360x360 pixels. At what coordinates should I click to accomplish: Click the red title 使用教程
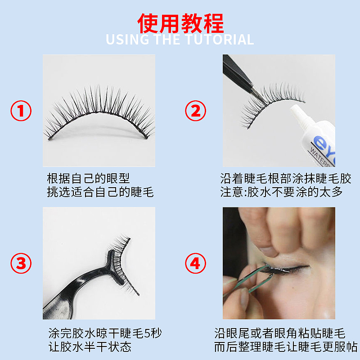[180, 22]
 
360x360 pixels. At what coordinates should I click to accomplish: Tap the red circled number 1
[21, 111]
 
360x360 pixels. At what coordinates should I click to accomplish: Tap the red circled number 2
[196, 111]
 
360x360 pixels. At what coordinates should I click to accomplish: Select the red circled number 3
[21, 263]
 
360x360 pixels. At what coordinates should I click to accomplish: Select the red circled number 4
[196, 263]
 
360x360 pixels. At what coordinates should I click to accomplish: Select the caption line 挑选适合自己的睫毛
[100, 192]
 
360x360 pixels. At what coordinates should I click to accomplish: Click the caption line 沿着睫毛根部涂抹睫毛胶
[286, 178]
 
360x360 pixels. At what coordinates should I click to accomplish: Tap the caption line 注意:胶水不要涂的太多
[281, 192]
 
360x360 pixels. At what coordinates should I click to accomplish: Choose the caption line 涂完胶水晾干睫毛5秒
[104, 333]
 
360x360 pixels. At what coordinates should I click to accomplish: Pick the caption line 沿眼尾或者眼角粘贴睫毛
[279, 333]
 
